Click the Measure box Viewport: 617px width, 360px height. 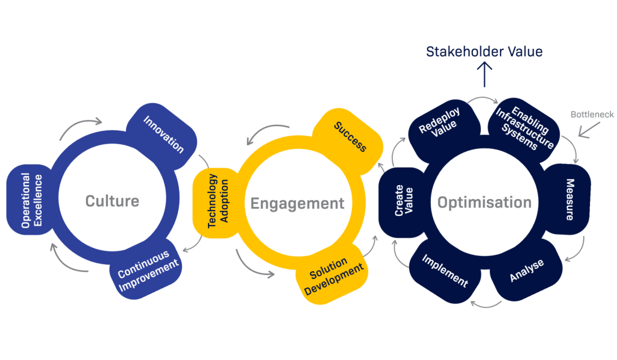tap(568, 200)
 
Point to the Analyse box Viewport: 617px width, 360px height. tap(526, 270)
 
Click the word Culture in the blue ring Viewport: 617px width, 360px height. tap(112, 201)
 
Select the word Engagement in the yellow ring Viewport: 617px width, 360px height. tap(298, 203)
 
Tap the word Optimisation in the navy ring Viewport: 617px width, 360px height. tap(484, 203)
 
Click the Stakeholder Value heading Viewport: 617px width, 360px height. tap(484, 52)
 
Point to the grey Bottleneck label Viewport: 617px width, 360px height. tap(592, 114)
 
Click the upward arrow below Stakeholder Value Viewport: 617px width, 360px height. tap(484, 75)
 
